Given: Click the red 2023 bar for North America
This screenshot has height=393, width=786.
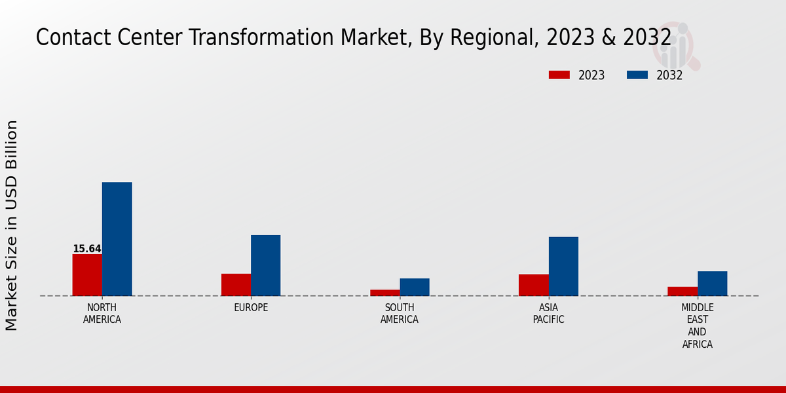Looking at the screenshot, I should click(87, 275).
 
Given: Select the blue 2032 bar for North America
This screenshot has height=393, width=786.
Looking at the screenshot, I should click(117, 239).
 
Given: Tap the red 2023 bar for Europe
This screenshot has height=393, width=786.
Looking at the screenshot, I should click(236, 285).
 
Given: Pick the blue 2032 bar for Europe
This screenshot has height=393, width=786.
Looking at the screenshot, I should click(265, 265).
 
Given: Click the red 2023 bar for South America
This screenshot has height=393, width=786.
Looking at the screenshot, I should click(385, 293).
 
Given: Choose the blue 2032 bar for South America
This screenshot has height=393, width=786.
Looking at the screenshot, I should click(415, 287).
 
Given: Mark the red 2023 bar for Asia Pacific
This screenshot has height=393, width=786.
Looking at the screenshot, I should click(534, 285).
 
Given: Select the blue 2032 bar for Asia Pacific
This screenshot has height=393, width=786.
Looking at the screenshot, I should click(563, 266).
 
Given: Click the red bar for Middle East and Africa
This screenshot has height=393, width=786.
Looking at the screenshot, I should click(683, 291).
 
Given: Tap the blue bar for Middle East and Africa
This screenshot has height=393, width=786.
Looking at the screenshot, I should click(712, 284).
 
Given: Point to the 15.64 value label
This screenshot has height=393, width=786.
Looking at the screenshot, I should click(87, 249).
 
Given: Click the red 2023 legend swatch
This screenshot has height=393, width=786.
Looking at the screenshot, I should click(559, 75).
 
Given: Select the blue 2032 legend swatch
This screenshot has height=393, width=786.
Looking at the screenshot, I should click(637, 75).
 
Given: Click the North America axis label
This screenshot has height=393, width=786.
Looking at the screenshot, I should click(102, 314).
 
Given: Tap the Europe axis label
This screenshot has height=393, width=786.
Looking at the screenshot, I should click(251, 308).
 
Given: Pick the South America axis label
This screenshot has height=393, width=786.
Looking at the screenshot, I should click(400, 314).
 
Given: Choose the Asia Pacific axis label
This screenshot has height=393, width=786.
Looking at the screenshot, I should click(548, 314).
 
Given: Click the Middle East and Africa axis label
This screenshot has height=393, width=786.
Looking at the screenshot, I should click(698, 326).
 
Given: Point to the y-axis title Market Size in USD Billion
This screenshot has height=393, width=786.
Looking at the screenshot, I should click(12, 225).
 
